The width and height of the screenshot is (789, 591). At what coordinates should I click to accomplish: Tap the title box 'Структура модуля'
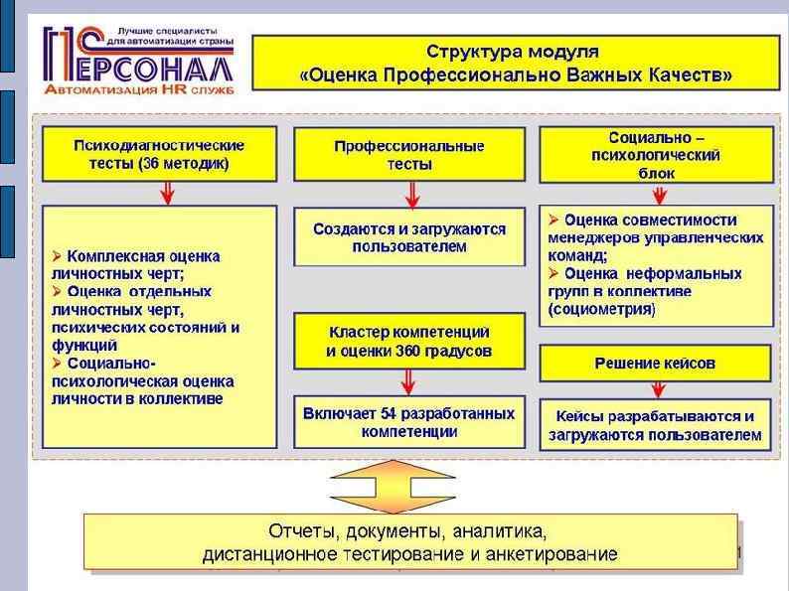[512, 61]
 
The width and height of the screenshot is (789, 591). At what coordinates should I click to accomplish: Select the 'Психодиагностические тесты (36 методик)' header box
[159, 155]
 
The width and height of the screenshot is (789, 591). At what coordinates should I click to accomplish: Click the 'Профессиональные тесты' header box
[408, 155]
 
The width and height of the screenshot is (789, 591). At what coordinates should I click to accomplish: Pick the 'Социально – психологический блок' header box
[655, 155]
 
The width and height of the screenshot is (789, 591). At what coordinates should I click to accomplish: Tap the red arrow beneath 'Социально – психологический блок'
[655, 193]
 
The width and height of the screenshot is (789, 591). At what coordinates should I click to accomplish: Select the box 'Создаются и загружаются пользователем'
[408, 237]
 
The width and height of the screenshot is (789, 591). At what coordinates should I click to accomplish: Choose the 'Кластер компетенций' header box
[408, 341]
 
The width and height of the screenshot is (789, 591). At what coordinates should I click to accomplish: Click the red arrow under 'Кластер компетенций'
[408, 380]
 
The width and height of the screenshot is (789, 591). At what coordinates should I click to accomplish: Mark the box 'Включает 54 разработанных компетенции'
[408, 422]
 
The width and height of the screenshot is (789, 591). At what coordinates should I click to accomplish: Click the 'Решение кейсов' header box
[655, 364]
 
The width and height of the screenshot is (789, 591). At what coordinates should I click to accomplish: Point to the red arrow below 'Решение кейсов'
[655, 389]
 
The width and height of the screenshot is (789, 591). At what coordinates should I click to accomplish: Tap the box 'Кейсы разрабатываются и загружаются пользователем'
[655, 425]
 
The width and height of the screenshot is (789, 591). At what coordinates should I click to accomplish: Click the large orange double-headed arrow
[408, 485]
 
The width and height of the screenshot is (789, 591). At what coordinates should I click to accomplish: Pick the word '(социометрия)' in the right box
[602, 309]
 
